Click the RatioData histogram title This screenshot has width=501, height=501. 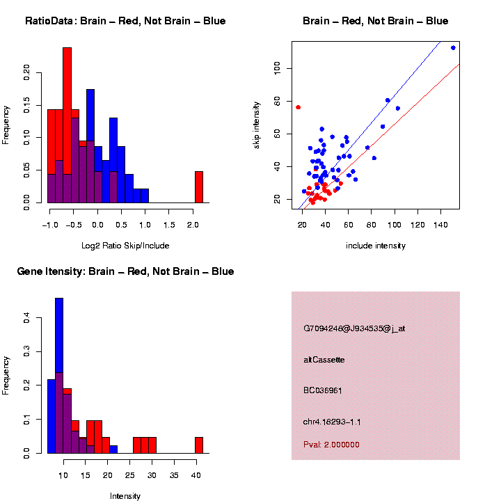point(125,21)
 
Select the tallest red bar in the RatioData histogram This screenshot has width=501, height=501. point(67,125)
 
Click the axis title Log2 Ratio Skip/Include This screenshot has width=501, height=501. point(125,246)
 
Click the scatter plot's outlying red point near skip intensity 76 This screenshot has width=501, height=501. point(298,107)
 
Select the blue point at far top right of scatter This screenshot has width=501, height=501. point(453,48)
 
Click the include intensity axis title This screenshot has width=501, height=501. point(376,246)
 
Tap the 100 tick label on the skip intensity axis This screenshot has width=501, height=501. point(278,67)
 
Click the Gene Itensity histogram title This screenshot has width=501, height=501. point(125,271)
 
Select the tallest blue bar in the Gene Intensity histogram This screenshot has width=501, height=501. point(59,376)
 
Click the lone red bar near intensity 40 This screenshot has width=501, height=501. point(199,445)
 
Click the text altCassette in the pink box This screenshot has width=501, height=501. point(324,360)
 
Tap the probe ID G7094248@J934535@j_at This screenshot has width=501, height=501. point(354,328)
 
